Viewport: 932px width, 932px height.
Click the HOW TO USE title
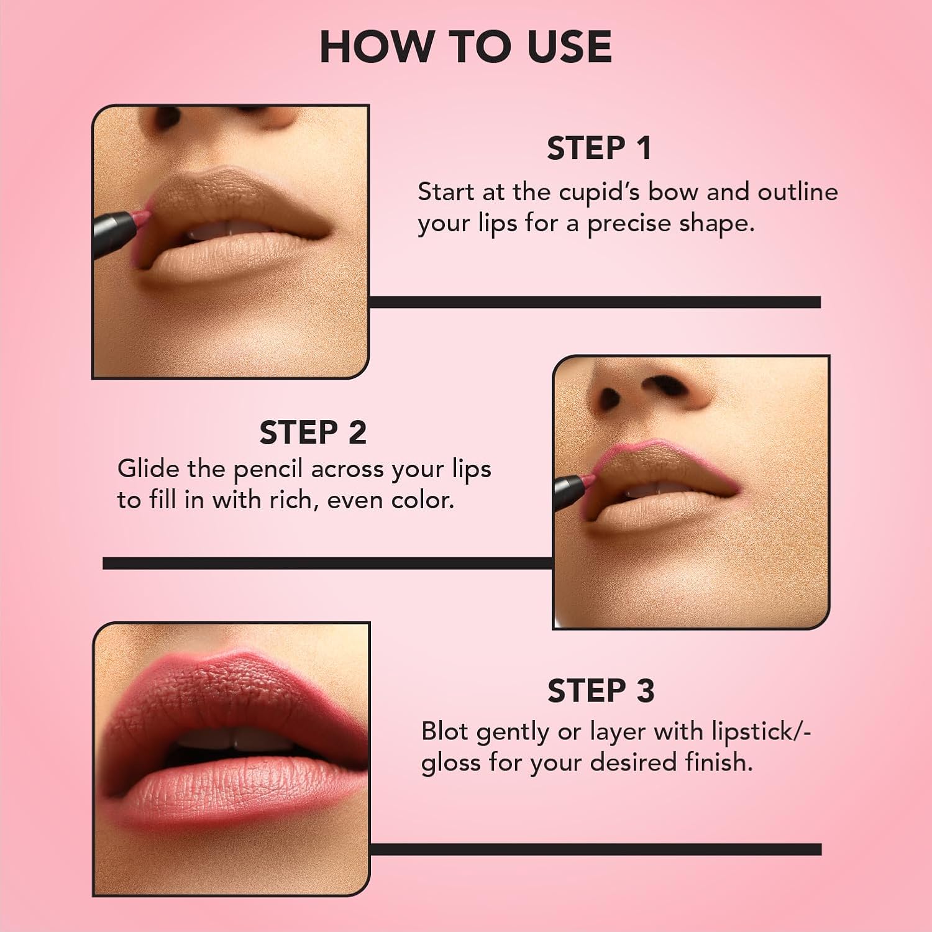click(465, 47)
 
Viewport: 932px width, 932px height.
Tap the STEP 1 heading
click(599, 148)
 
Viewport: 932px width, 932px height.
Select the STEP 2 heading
click(313, 432)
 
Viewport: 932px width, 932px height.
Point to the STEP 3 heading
click(600, 691)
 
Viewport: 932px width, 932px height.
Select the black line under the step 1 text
click(595, 302)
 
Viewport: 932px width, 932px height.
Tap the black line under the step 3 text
click(595, 849)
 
